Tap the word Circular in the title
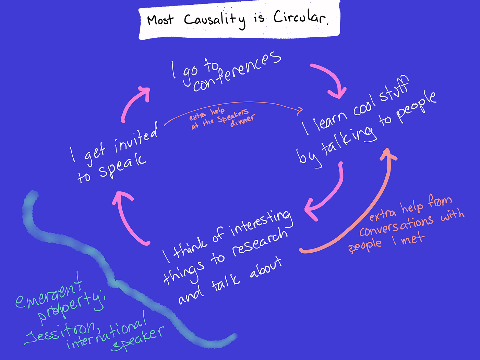tap(301, 18)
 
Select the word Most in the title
tap(160, 20)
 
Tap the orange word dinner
tap(243, 120)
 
